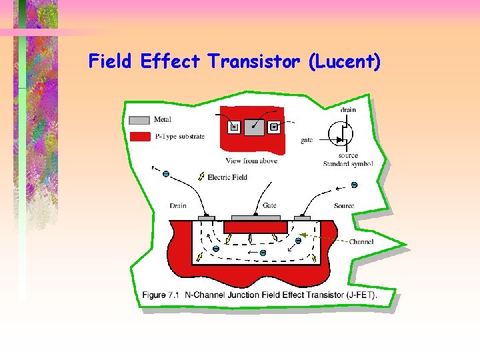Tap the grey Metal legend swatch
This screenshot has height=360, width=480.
[x=139, y=121]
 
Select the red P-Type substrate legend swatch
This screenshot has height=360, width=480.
[x=139, y=137]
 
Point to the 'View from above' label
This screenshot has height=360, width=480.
[x=251, y=161]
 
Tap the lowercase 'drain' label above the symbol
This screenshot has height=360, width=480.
[x=348, y=110]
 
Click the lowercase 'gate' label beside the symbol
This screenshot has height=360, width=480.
[x=307, y=141]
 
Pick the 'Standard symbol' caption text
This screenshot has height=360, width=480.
[x=347, y=163]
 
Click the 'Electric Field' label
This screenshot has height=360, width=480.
[x=227, y=177]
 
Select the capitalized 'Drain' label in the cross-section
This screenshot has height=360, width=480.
[x=178, y=205]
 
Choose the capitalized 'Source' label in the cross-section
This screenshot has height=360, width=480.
[x=344, y=205]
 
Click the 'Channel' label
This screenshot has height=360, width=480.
[x=361, y=241]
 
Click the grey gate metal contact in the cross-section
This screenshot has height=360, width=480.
[x=256, y=218]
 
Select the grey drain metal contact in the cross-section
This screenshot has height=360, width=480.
[x=207, y=218]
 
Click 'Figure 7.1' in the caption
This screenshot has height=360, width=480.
[x=163, y=295]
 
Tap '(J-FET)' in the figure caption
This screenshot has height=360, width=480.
[x=361, y=295]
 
